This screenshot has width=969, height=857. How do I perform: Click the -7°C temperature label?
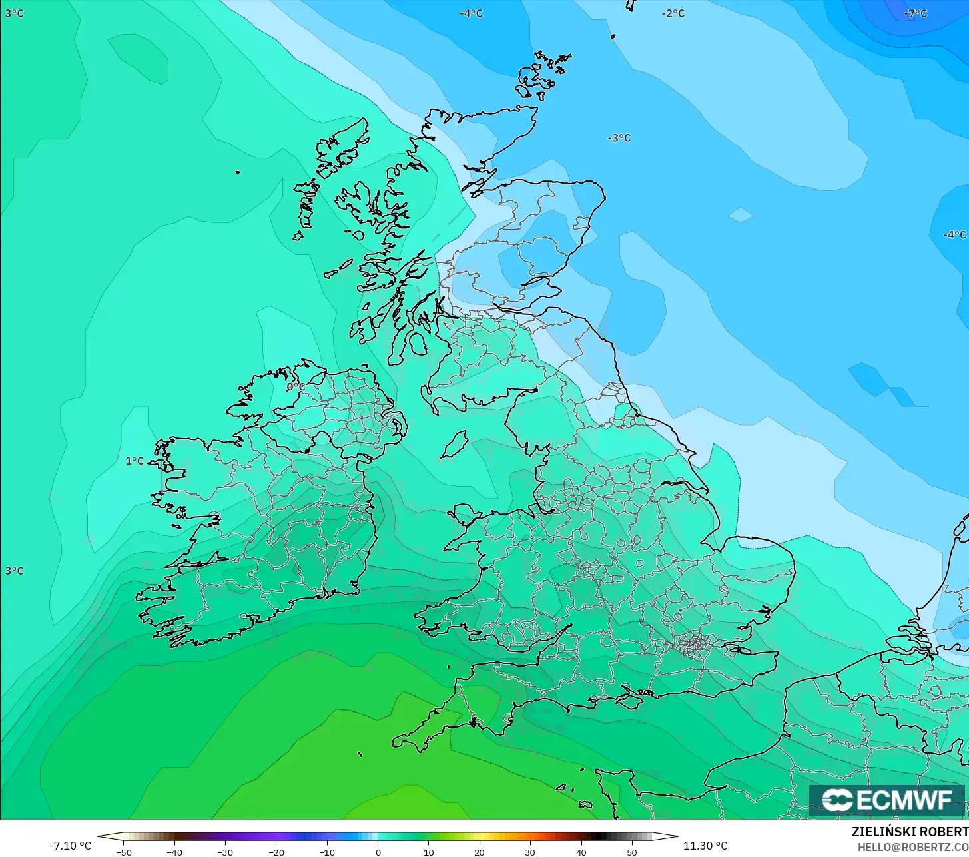click(915, 13)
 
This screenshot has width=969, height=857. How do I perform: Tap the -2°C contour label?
click(673, 13)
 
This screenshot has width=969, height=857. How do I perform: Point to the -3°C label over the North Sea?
click(619, 138)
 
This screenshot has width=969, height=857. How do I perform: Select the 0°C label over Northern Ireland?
click(295, 386)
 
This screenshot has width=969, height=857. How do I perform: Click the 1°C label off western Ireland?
click(135, 461)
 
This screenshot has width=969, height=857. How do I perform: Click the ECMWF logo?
click(886, 800)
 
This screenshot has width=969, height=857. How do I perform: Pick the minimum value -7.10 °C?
click(70, 846)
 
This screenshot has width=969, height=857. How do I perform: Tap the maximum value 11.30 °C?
click(705, 846)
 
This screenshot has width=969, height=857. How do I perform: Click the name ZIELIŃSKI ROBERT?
click(910, 832)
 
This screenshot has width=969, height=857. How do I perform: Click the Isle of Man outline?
click(454, 445)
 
